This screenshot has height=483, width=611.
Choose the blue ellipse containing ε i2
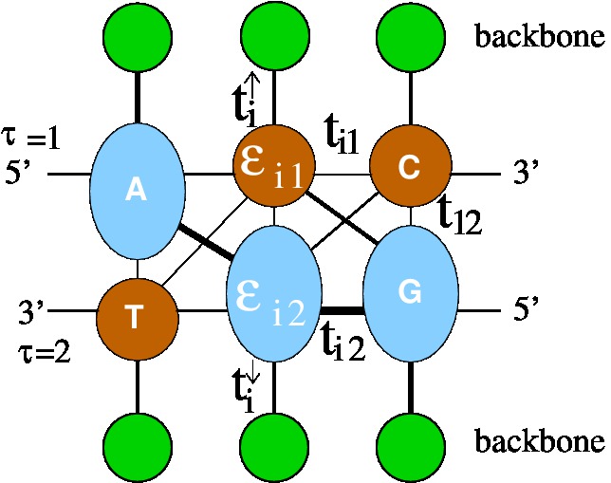pos(273,294)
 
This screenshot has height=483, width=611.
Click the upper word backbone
pos(538,37)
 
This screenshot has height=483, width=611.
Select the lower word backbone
pos(538,442)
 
